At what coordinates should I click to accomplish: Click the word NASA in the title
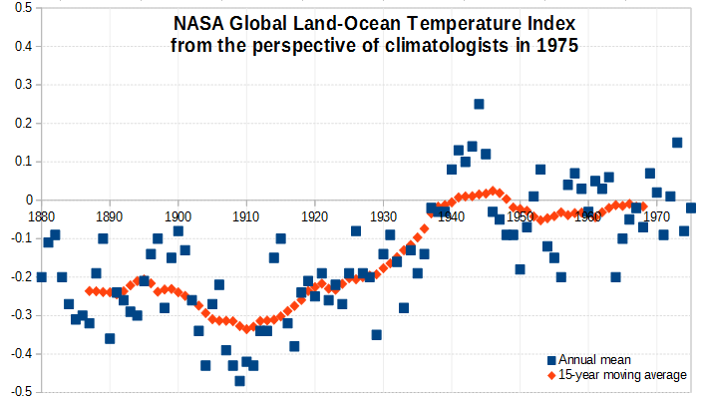(195, 23)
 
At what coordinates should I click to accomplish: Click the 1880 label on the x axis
(41, 214)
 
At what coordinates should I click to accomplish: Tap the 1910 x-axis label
(246, 214)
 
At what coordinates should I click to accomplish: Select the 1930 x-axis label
(383, 214)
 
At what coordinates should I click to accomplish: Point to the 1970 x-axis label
(656, 214)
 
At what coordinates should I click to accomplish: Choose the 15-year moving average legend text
(623, 375)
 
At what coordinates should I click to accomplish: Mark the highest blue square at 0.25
(479, 104)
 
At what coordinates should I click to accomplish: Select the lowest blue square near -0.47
(239, 380)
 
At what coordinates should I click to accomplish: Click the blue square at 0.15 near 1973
(677, 143)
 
